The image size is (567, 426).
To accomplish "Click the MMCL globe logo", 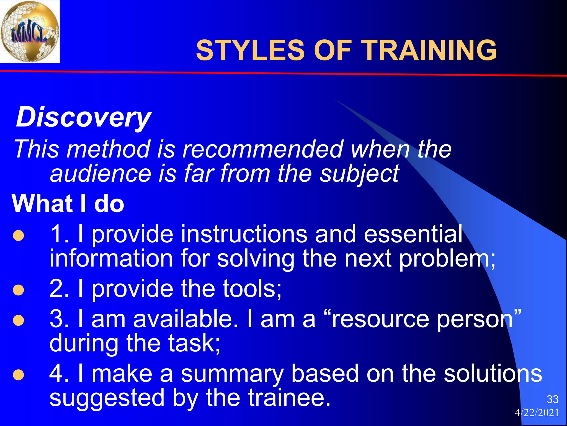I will coord(30,31).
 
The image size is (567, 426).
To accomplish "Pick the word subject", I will coord(359,174).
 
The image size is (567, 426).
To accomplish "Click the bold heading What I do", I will coord(68,204).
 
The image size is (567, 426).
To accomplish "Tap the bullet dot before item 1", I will coord(19,236).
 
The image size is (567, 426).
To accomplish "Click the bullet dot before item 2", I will coord(19,290).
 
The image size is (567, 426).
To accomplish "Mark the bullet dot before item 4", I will coord(19,375).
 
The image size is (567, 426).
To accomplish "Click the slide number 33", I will coord(552,399).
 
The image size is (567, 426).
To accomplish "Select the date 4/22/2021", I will coord(537,413).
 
